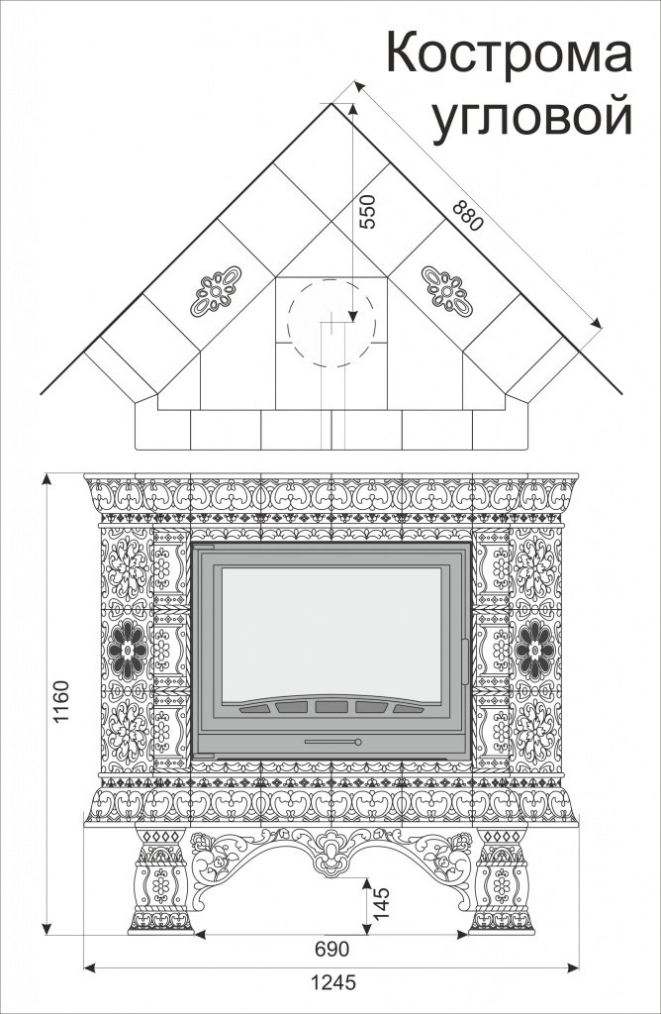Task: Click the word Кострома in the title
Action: tap(510, 53)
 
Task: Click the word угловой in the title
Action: tap(531, 118)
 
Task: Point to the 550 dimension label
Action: tap(367, 212)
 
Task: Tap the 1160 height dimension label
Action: tap(60, 702)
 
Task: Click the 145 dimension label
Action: tap(381, 903)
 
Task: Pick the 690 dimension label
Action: tap(331, 949)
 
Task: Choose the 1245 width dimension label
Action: tap(333, 982)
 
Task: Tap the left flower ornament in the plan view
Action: tap(216, 291)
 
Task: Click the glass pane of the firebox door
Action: tap(331, 635)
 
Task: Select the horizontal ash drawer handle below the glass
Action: tap(332, 742)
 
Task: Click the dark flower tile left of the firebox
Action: tap(128, 650)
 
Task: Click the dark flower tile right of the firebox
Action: tap(534, 650)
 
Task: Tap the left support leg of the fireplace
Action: tap(160, 879)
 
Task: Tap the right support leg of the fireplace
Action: tap(502, 879)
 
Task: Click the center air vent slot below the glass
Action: tap(331, 707)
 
